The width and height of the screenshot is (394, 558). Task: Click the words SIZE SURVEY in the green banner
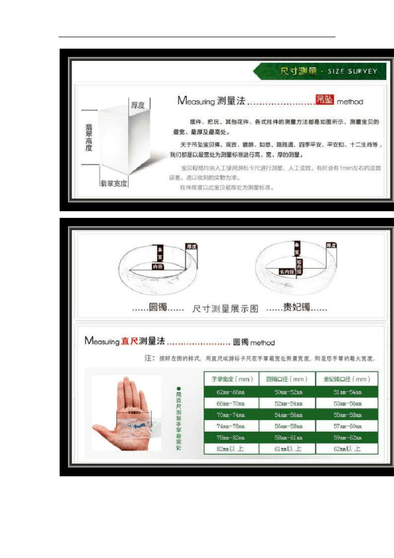coord(353,71)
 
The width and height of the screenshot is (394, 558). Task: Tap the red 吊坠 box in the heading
coord(325,100)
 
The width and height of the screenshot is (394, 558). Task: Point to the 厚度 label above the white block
coord(138,105)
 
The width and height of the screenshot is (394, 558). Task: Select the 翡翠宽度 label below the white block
coord(114,183)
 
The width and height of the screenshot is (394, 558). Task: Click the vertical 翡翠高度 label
coord(89,137)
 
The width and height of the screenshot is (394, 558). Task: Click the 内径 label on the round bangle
coord(158,267)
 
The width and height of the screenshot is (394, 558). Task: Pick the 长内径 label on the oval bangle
coord(287,272)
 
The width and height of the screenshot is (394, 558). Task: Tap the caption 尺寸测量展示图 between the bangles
coord(225,309)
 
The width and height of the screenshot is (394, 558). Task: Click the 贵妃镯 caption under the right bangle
coord(297,307)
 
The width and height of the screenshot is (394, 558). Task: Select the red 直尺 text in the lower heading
coord(129,341)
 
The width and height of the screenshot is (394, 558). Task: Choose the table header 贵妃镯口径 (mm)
coord(347,379)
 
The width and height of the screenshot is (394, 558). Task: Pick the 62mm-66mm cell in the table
coord(231,392)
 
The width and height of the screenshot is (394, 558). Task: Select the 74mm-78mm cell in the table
coord(231,426)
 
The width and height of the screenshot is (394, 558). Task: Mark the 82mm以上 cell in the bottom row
coord(231,449)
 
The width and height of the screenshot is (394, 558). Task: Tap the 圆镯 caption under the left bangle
coord(158,307)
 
